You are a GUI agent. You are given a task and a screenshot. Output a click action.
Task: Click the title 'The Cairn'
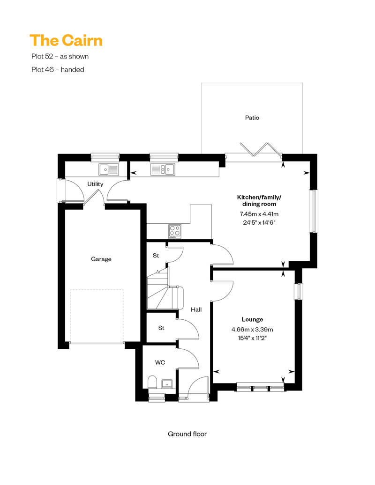[66, 41]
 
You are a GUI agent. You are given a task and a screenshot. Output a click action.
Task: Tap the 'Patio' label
[252, 118]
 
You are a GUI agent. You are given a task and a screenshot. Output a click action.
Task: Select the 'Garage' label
[101, 259]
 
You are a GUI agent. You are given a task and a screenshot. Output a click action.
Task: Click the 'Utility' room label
[95, 184]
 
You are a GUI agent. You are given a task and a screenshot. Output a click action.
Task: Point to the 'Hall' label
[196, 309]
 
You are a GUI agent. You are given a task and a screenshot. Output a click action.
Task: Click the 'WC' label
[160, 362]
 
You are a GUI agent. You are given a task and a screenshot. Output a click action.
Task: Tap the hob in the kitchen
[175, 231]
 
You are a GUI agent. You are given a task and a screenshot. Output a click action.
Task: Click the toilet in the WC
[152, 382]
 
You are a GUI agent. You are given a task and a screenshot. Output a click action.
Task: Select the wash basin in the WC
[167, 383]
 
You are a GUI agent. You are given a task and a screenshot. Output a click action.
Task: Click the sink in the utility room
[109, 169]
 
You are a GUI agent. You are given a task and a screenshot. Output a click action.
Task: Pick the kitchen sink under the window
[163, 169]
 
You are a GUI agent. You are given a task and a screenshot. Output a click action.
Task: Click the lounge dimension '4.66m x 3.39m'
[252, 330]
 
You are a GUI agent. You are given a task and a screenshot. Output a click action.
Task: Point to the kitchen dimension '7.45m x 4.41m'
[259, 214]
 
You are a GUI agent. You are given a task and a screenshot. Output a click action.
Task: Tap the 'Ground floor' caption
[187, 434]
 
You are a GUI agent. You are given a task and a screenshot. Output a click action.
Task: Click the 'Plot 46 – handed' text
[58, 70]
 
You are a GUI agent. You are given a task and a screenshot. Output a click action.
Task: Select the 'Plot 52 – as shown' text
[60, 56]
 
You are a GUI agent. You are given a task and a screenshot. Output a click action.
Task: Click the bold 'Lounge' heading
[252, 320]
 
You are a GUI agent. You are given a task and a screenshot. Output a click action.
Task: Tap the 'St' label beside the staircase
[156, 256]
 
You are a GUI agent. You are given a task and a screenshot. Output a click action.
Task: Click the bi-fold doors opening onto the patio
[261, 149]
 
